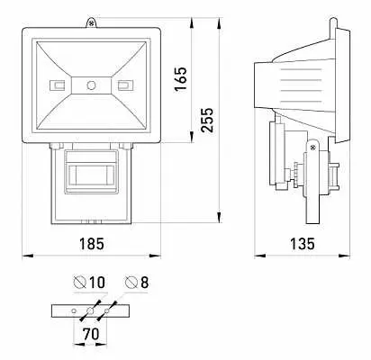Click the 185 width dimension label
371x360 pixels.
(92, 244)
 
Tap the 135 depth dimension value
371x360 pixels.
(303, 244)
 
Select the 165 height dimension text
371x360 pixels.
(181, 79)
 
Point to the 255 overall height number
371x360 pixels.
(207, 120)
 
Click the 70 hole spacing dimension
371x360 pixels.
(91, 334)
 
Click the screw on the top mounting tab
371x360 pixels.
(91, 22)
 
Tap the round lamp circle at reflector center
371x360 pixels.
(91, 85)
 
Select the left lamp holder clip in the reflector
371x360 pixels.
(57, 85)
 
